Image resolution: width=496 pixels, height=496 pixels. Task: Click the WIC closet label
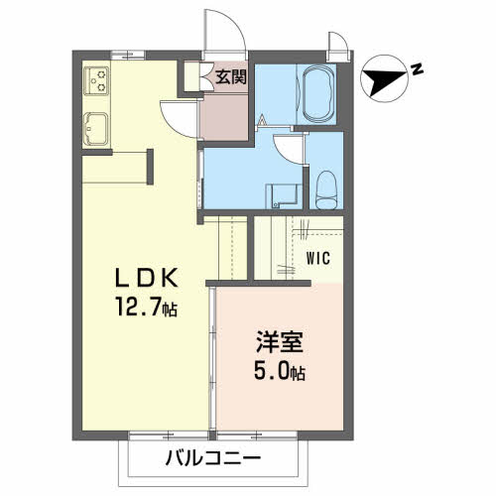click(x=317, y=261)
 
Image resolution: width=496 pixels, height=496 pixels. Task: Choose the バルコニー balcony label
click(x=212, y=459)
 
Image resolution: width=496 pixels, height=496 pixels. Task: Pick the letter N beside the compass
click(x=418, y=68)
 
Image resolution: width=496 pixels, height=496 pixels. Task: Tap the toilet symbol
click(x=324, y=188)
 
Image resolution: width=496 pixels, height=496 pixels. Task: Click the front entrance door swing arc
click(x=221, y=30)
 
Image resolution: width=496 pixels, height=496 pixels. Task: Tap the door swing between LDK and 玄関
click(x=182, y=116)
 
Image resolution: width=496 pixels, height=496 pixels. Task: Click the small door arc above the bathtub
click(x=338, y=43)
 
